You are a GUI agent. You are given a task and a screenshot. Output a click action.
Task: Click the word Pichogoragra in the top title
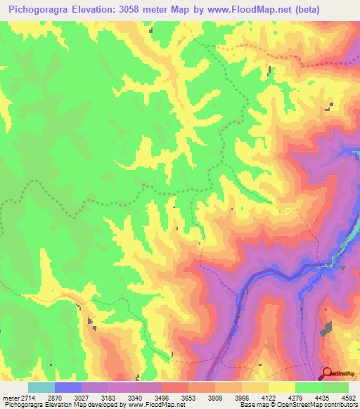(39, 10)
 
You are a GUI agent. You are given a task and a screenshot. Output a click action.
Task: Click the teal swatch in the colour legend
(41, 387)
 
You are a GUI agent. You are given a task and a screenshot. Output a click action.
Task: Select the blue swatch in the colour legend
(67, 387)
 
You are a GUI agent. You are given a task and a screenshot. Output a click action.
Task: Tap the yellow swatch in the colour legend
(281, 387)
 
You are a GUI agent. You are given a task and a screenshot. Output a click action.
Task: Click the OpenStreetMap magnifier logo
(327, 373)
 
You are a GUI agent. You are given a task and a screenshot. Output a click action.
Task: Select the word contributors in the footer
(340, 405)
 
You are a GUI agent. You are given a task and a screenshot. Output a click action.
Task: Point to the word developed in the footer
(108, 405)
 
